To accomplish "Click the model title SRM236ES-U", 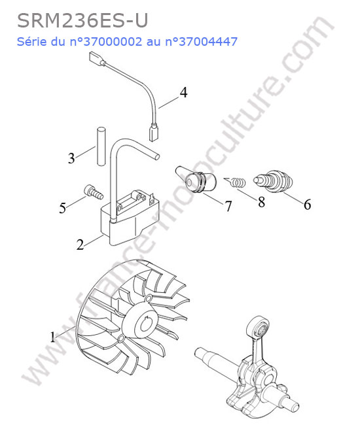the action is point(82,21).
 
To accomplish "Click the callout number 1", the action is point(52,337).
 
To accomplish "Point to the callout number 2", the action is point(80,245).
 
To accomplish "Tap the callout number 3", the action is point(71,158).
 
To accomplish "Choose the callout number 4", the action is point(184,92).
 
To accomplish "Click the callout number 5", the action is point(63,208).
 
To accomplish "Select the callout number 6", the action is point(307,205).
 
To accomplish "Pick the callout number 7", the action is point(228,207).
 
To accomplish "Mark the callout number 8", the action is point(261,202).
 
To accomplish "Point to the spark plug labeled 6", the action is point(274,181).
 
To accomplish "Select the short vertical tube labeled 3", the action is point(100,146).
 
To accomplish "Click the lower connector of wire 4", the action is point(154,132).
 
